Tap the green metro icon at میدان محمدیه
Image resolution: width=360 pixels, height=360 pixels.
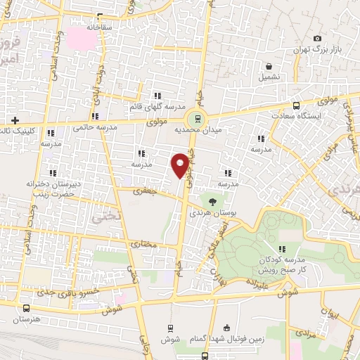pyautogui.click(x=198, y=119)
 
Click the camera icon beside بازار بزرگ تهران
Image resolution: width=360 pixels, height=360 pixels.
pyautogui.click(x=317, y=38)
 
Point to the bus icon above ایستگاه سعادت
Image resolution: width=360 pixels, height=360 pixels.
pyautogui.click(x=296, y=104)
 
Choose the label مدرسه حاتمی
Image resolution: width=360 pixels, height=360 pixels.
pyautogui.click(x=94, y=127)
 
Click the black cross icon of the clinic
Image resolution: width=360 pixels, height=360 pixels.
pyautogui.click(x=13, y=120)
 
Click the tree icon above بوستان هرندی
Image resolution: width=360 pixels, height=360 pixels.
pyautogui.click(x=212, y=202)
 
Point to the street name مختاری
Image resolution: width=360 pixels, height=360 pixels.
pyautogui.click(x=143, y=245)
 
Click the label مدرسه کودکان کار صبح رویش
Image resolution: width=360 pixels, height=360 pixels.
pyautogui.click(x=283, y=264)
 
